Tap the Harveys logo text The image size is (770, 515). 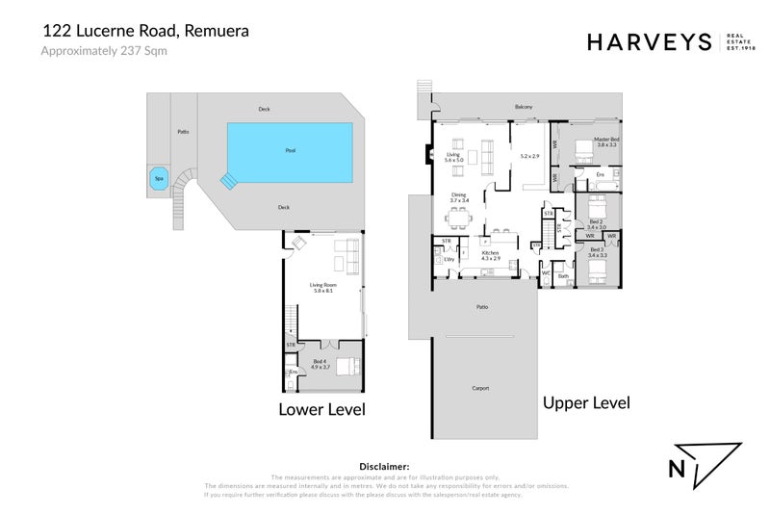[x=648, y=42]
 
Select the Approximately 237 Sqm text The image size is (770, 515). [x=104, y=51]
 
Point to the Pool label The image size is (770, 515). [x=291, y=150]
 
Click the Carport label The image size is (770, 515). [x=480, y=388]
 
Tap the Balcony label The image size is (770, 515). [x=524, y=107]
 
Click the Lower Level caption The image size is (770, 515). [x=321, y=409]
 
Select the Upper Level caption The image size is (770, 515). [x=586, y=402]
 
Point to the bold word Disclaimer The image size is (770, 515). [x=384, y=465]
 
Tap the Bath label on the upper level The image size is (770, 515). [x=563, y=276]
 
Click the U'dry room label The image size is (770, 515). [x=449, y=259]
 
